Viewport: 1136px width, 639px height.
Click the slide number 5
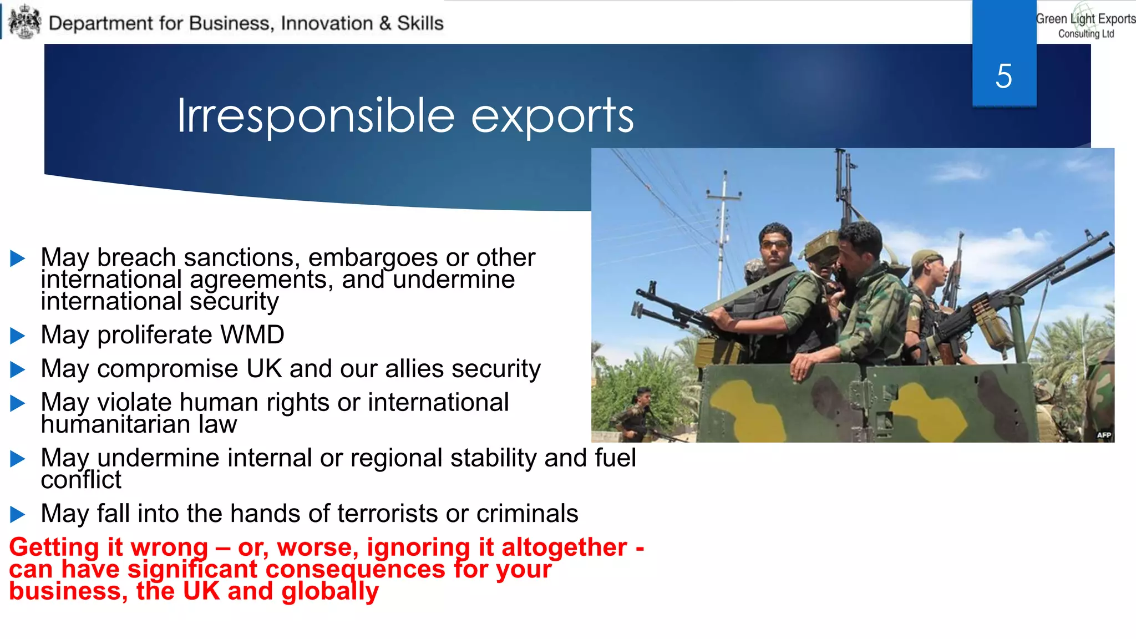pos(1003,76)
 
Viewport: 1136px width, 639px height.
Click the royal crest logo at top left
pos(25,22)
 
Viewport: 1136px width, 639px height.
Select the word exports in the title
pos(552,116)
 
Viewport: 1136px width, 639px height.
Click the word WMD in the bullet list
pos(252,334)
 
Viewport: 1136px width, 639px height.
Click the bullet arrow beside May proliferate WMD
pos(18,336)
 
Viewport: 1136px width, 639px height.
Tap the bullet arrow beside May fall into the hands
pos(18,514)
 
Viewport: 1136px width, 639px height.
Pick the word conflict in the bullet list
pos(81,480)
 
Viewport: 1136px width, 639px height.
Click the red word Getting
pos(54,547)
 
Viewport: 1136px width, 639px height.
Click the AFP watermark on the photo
pos(1104,435)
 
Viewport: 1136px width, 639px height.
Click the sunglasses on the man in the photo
pos(775,245)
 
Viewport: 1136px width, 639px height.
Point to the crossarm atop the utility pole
pos(723,195)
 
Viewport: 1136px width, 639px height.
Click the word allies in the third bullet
pos(414,369)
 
